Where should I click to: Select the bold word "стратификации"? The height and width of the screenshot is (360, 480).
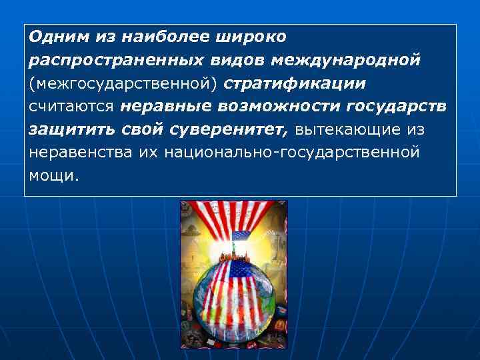pyautogui.click(x=295, y=85)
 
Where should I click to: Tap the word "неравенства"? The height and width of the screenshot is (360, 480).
pyautogui.click(x=81, y=153)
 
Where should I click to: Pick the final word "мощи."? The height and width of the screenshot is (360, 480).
pyautogui.click(x=53, y=176)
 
